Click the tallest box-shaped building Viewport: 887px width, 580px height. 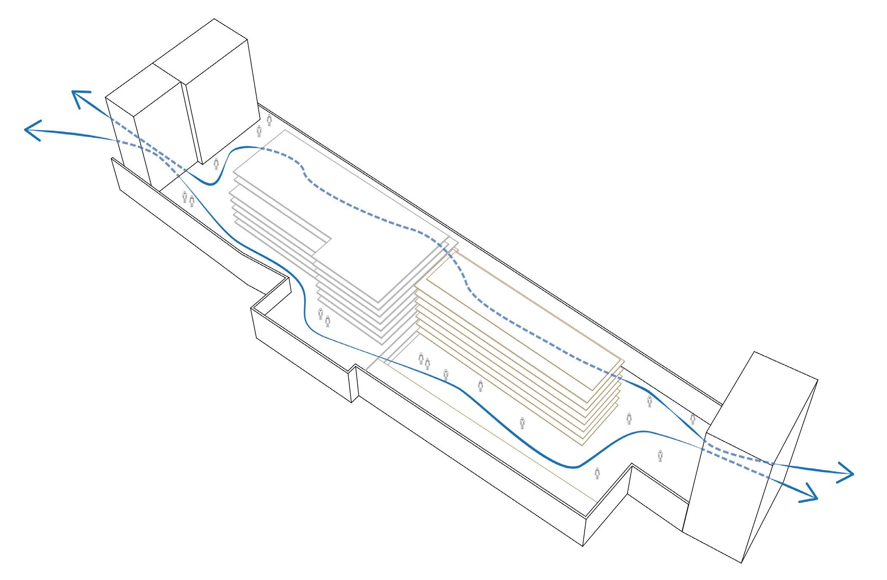(x=220, y=93)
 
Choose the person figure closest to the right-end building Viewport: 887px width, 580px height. (x=693, y=419)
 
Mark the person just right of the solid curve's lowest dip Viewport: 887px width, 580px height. (x=597, y=473)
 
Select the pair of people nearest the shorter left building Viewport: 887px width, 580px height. (x=188, y=198)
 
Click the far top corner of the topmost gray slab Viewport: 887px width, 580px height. (x=285, y=130)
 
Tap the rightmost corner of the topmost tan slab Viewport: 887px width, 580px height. (x=623, y=360)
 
